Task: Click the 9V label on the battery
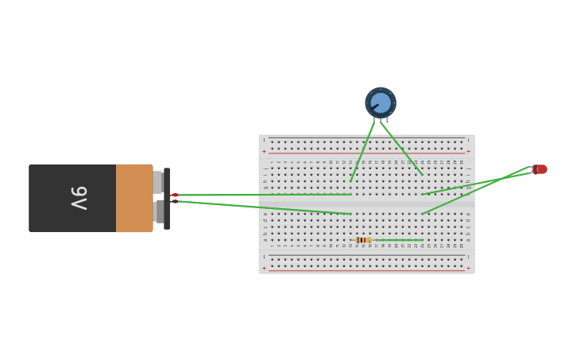pos(79,198)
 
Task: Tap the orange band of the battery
pos(133,198)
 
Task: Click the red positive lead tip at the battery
pos(174,195)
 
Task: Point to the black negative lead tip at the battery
pos(174,201)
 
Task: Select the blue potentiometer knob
pos(381,103)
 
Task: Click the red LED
pos(540,169)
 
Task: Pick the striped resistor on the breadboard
pos(362,240)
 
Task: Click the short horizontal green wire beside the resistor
pos(399,240)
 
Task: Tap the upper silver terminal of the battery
pos(157,183)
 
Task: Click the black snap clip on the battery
pos(167,199)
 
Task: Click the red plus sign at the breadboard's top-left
pos(265,151)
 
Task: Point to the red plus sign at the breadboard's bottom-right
pos(468,269)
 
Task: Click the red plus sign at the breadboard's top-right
pos(468,151)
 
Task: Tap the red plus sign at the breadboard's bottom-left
pos(265,269)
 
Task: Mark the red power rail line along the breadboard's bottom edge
pos(365,271)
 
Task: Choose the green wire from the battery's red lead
pos(262,195)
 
